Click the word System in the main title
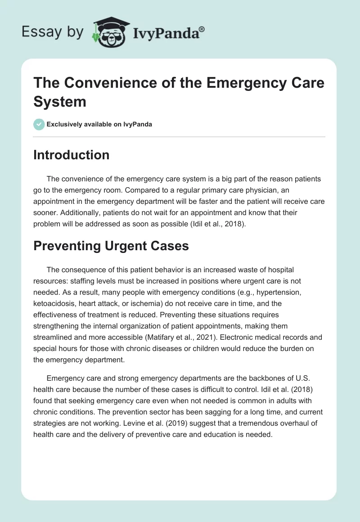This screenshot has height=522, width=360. (x=59, y=101)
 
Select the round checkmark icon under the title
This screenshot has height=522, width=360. (x=39, y=124)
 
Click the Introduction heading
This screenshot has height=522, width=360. (x=72, y=155)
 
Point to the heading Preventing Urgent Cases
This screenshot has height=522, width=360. (x=111, y=246)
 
